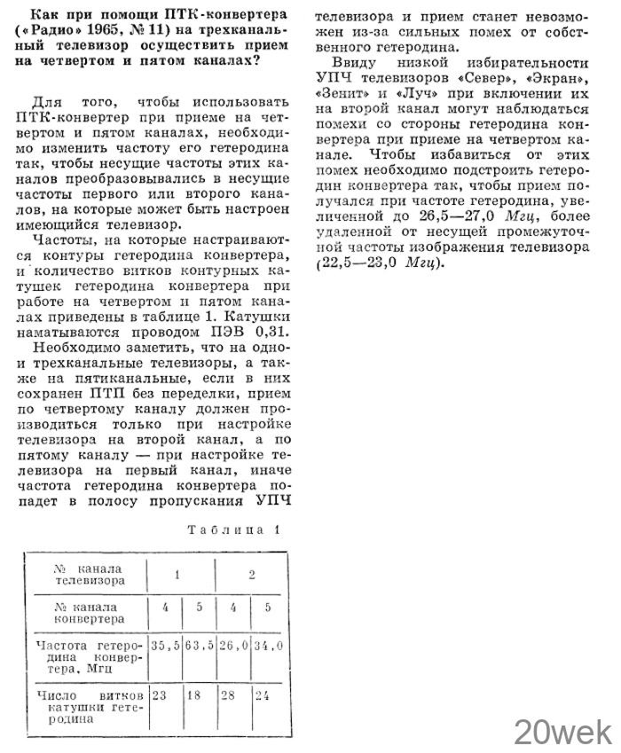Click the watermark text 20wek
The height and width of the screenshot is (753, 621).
(x=562, y=732)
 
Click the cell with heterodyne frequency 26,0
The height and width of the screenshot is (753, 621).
(x=233, y=646)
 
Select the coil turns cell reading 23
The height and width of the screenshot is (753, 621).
(x=160, y=695)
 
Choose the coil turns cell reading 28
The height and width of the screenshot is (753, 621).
(x=229, y=695)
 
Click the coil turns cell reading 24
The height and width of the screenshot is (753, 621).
(x=263, y=695)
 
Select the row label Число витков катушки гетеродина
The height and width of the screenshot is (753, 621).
(x=88, y=702)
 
